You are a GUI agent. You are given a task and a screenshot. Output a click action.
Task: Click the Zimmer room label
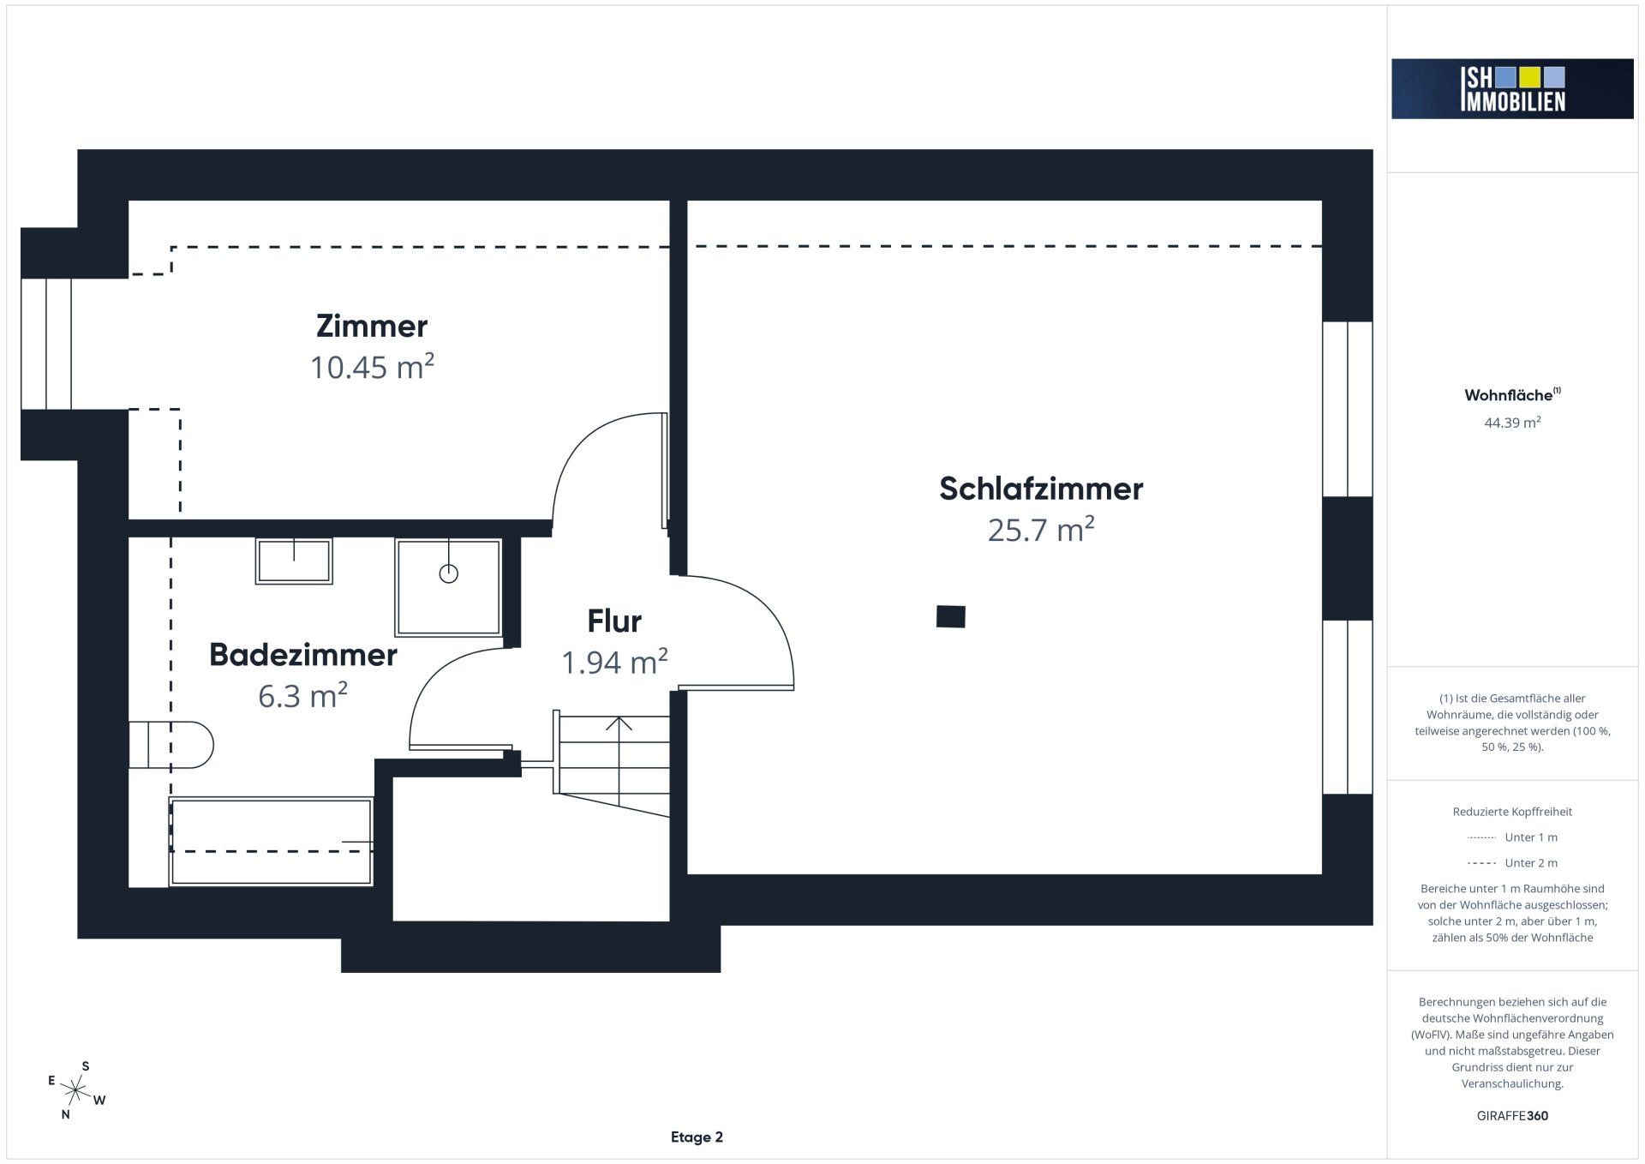click(372, 326)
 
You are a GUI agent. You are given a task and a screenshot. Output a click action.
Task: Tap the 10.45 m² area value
click(372, 367)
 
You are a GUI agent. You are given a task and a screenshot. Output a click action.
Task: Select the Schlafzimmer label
click(1041, 489)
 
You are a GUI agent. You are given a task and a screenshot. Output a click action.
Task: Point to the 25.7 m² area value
click(1041, 530)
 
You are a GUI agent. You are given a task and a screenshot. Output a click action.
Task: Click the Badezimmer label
click(303, 655)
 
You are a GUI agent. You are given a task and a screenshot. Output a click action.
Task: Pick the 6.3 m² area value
click(302, 695)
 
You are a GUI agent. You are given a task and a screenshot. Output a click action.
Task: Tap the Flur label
click(614, 621)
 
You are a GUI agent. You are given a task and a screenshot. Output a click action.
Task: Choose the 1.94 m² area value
click(614, 662)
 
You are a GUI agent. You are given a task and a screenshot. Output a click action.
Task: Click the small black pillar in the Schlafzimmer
click(951, 616)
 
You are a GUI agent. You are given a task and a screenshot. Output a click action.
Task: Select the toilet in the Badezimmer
click(171, 745)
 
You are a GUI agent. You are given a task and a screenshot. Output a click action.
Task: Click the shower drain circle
click(448, 573)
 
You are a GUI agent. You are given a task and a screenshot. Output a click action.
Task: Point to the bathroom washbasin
click(294, 561)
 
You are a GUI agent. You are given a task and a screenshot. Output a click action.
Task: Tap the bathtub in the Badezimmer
click(272, 842)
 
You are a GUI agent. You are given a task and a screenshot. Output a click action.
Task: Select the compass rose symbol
click(76, 1091)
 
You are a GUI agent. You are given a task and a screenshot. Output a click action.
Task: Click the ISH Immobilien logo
click(1512, 89)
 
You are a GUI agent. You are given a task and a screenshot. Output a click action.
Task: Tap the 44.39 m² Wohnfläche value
click(1512, 423)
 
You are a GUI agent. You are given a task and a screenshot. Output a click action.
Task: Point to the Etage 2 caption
click(697, 1137)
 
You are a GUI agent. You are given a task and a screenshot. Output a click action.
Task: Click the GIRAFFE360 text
click(1512, 1116)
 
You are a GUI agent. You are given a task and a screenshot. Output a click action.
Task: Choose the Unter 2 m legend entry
click(1512, 863)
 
